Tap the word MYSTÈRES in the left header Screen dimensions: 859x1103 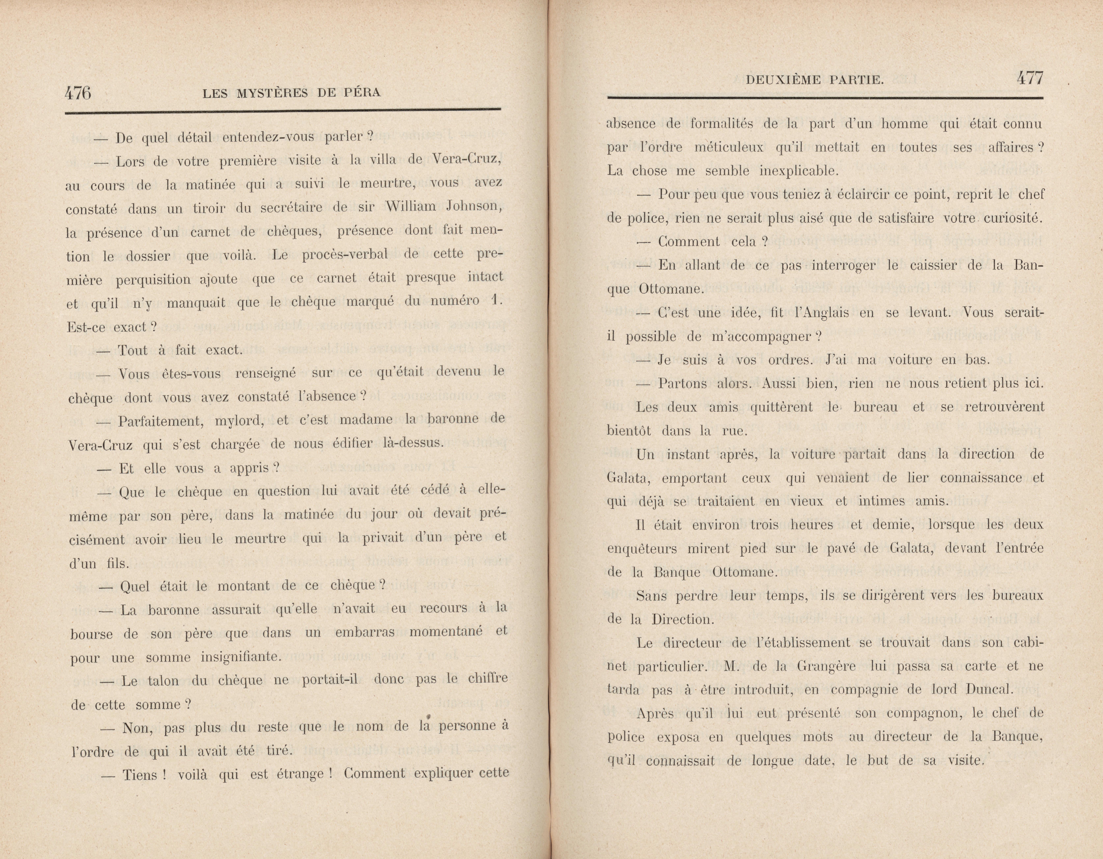coord(272,93)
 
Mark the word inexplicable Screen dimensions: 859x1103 coord(799,171)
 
